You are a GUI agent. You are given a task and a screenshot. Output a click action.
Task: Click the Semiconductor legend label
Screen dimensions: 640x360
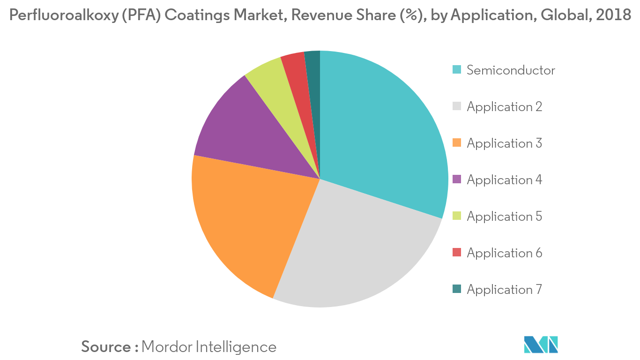tap(511, 70)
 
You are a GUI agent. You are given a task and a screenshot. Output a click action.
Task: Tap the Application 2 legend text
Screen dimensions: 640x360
tap(504, 107)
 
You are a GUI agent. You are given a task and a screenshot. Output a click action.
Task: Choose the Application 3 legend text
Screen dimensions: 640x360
tap(504, 143)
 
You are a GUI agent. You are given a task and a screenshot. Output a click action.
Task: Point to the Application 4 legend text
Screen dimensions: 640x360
tap(504, 180)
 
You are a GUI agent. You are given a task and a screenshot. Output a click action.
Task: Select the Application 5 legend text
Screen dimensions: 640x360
tap(504, 217)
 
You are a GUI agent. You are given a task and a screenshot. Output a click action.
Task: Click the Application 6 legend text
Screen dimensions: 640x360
tap(504, 253)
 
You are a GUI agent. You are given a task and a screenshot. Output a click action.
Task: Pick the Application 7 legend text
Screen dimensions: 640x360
tap(504, 290)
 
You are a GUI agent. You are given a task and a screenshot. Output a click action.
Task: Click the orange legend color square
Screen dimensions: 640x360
tap(457, 142)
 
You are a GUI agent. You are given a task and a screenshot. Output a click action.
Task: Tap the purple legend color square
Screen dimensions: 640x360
tap(457, 179)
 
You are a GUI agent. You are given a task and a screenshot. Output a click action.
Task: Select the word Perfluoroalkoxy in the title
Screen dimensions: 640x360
tap(64, 15)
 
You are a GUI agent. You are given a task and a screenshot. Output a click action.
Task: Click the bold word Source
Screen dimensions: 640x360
tap(106, 347)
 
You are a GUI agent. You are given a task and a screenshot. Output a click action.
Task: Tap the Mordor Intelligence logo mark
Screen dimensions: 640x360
tap(541, 345)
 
